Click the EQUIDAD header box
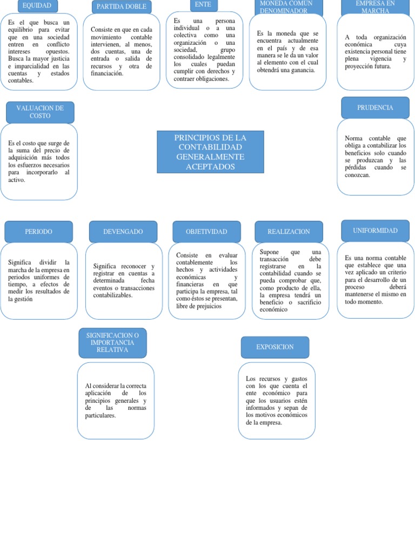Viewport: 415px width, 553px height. click(x=37, y=6)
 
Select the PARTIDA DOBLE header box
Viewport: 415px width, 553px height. click(x=122, y=7)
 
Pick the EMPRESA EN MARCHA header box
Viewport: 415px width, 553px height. click(x=376, y=6)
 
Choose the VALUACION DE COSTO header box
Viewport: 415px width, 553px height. click(x=40, y=112)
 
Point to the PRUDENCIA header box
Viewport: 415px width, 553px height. click(x=375, y=107)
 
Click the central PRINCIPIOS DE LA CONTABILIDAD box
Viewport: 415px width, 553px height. click(x=210, y=152)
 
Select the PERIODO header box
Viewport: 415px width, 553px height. click(x=38, y=232)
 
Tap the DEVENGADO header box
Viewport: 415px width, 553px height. click(x=123, y=232)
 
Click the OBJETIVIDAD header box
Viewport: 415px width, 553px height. click(x=206, y=232)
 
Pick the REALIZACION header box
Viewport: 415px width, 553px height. click(x=289, y=232)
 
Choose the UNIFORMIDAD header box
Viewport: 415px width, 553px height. click(x=375, y=231)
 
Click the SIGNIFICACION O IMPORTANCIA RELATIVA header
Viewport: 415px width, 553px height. click(x=112, y=343)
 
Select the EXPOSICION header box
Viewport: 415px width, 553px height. click(x=275, y=347)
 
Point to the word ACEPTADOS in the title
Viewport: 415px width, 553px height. click(x=210, y=167)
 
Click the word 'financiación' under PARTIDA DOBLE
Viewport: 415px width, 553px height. click(x=107, y=73)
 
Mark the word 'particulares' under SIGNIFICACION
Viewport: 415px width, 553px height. click(x=101, y=416)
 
